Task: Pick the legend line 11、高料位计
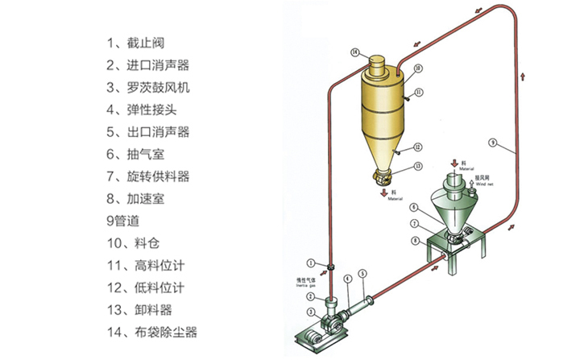(x=147, y=264)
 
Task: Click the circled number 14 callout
(x=354, y=53)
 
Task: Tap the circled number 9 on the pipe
(x=491, y=143)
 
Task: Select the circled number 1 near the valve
(x=309, y=262)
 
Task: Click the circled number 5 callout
(x=362, y=274)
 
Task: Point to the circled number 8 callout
(x=416, y=240)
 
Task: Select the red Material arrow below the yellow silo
(x=382, y=192)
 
